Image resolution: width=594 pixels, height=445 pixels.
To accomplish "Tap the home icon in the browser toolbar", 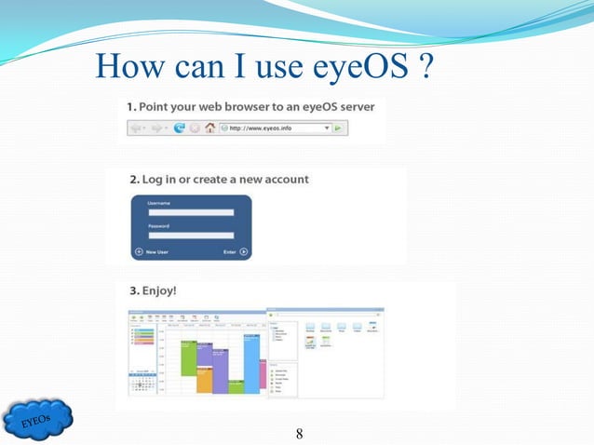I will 210,128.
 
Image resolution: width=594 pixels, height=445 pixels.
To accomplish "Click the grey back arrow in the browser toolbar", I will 137,128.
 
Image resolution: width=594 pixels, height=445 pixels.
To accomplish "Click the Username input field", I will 191,212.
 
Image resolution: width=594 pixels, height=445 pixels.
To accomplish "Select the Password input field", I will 191,235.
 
